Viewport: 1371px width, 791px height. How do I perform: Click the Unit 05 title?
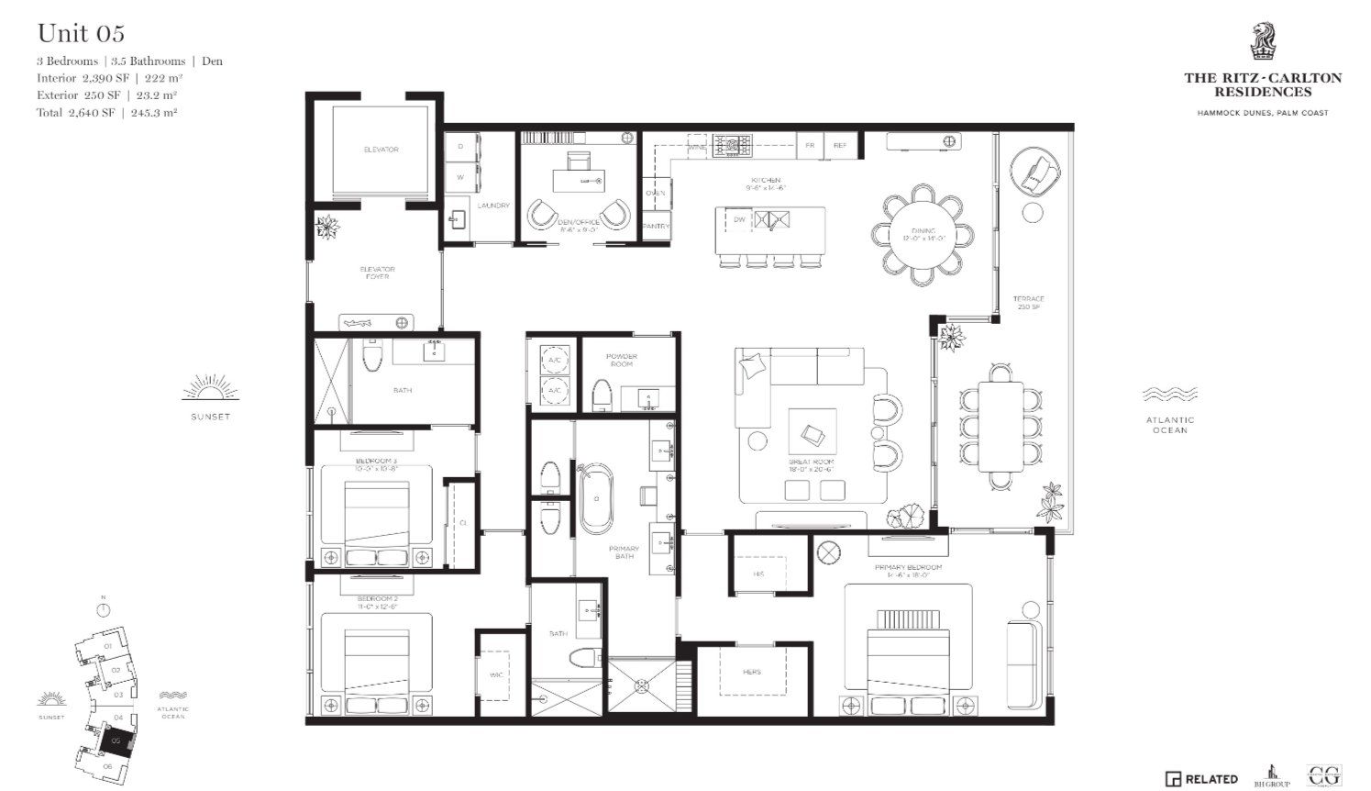tap(81, 34)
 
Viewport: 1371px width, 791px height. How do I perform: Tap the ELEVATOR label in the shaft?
tap(381, 150)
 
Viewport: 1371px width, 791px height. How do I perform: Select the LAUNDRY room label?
tap(493, 206)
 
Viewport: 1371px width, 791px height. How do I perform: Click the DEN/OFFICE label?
tap(579, 222)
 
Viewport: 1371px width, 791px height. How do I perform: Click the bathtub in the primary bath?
tap(595, 498)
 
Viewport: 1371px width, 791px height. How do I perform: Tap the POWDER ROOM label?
tap(621, 360)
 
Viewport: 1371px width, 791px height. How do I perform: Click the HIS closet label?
tap(758, 574)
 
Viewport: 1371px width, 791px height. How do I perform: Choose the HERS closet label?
tap(752, 672)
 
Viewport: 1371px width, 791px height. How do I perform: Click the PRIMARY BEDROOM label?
tap(908, 568)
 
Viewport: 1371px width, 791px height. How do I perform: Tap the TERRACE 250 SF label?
tap(1028, 302)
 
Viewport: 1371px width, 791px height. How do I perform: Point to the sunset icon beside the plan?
tap(210, 389)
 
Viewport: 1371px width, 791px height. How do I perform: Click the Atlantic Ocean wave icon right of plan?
tap(1170, 395)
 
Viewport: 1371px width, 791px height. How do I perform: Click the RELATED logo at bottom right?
tap(1201, 779)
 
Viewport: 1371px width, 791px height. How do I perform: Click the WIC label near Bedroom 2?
tap(496, 675)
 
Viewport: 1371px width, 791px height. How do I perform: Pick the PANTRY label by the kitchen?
tap(656, 226)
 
